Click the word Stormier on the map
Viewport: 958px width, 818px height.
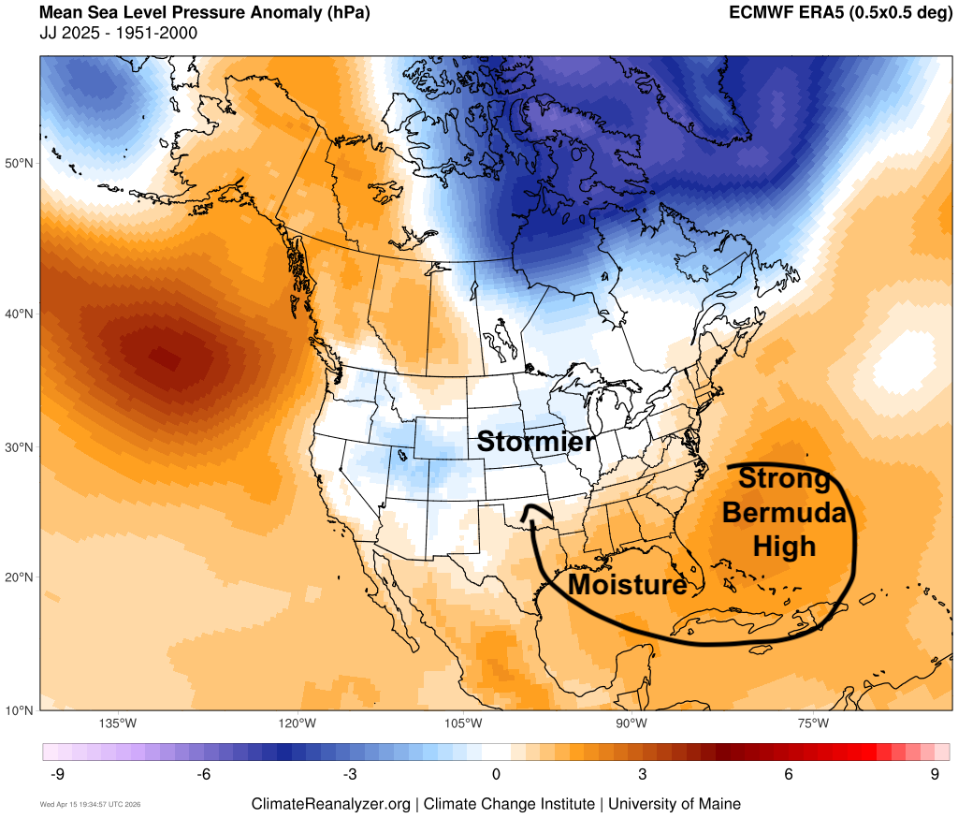(x=535, y=442)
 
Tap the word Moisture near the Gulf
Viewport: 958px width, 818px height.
(x=627, y=585)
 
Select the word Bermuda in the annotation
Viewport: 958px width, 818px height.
(x=785, y=513)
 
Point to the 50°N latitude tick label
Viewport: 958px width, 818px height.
(x=20, y=164)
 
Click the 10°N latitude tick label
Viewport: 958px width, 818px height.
(x=20, y=709)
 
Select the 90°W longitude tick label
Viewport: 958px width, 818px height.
(x=631, y=723)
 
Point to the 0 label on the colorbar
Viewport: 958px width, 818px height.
(x=496, y=774)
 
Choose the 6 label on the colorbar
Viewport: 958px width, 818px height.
(x=789, y=774)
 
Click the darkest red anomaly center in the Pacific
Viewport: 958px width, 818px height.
(x=164, y=358)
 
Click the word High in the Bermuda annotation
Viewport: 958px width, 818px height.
(x=785, y=545)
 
